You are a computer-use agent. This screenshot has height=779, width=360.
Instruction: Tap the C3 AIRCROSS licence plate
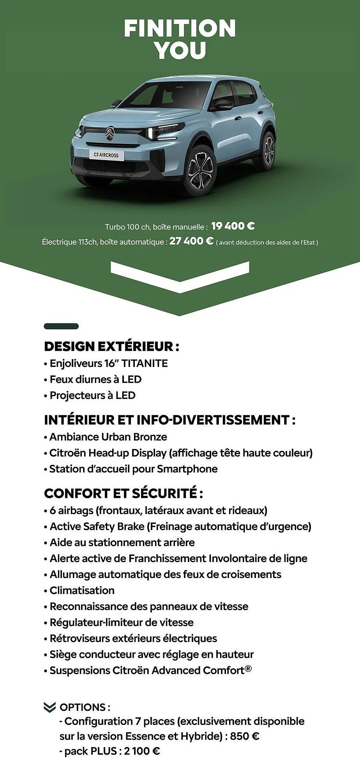tap(106, 155)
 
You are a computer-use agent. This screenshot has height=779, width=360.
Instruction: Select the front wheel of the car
tap(200, 170)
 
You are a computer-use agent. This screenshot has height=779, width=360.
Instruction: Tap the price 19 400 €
tap(233, 226)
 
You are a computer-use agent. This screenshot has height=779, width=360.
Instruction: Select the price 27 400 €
tap(191, 241)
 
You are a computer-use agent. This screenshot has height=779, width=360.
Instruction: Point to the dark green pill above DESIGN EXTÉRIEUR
tap(61, 326)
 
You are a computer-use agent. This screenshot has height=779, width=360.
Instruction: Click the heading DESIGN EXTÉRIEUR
tap(111, 346)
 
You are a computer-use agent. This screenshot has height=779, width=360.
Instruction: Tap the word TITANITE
tap(145, 363)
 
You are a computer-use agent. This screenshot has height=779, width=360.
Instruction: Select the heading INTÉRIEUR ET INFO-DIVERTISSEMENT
tap(169, 420)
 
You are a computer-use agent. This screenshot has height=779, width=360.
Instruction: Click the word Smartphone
tap(187, 469)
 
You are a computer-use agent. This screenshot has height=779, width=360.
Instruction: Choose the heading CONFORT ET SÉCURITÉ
tap(123, 493)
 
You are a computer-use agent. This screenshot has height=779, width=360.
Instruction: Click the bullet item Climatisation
tap(82, 590)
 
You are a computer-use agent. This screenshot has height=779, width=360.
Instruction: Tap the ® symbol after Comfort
tap(248, 668)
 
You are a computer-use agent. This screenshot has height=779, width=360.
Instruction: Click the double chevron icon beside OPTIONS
tap(50, 707)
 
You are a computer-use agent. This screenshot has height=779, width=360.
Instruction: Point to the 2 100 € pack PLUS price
tap(142, 751)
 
